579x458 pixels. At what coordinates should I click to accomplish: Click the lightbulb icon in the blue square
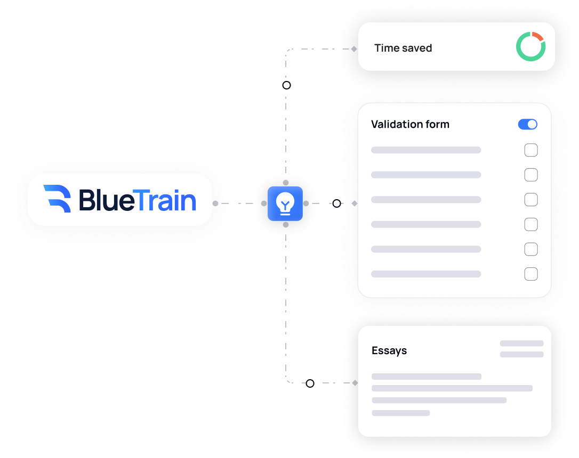[285, 203]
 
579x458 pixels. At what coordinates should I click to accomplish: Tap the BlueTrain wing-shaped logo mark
[57, 199]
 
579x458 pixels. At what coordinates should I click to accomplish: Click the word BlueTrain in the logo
[138, 200]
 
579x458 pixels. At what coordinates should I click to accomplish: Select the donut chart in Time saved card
[530, 47]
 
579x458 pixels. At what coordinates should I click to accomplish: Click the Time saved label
[403, 48]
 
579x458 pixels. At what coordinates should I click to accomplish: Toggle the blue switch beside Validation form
[527, 124]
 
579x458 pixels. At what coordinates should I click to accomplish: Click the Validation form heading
[410, 124]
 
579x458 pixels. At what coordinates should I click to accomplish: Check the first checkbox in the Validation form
[530, 150]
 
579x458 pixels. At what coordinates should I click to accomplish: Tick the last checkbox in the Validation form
[530, 274]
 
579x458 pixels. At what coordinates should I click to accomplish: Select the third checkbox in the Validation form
[530, 200]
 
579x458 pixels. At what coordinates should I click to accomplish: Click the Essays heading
[389, 350]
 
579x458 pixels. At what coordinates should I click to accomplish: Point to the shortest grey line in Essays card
[400, 413]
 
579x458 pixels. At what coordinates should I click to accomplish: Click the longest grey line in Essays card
[452, 388]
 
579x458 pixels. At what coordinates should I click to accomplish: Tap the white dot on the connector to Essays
[310, 383]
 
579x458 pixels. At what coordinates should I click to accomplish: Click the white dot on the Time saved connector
[286, 85]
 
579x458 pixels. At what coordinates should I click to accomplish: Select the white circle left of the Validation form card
[336, 203]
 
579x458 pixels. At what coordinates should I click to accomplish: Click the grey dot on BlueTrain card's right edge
[215, 203]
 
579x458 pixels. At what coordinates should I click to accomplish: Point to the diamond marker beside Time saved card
[354, 49]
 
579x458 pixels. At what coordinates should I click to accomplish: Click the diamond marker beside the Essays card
[355, 383]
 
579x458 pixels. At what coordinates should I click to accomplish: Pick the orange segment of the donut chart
[537, 36]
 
